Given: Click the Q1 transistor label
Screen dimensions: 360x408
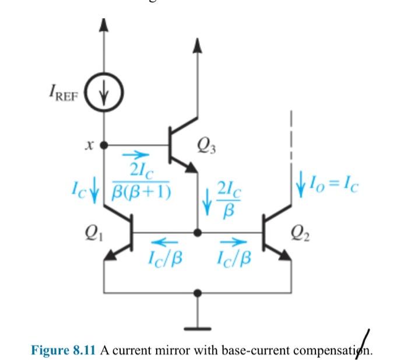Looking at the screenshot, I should click(89, 230).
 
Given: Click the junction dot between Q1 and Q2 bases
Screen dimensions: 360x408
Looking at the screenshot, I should click(198, 232).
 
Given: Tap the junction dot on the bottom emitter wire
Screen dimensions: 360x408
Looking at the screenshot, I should click(198, 292).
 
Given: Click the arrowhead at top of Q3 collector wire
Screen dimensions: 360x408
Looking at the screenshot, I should click(198, 44).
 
